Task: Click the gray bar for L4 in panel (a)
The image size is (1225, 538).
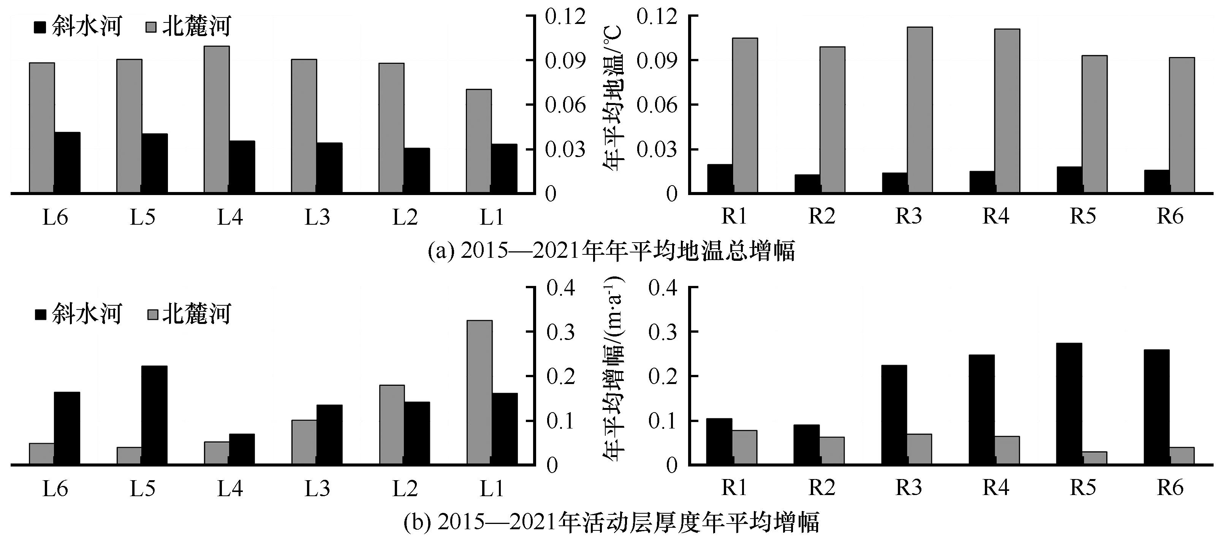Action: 217,119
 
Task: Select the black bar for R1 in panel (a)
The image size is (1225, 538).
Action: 720,179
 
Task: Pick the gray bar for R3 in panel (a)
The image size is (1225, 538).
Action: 919,110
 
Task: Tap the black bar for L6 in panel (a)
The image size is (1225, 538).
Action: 67,163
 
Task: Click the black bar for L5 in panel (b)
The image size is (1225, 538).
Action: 155,415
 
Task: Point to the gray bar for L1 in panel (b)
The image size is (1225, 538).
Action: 480,392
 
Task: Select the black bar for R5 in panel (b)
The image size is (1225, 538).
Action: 1069,403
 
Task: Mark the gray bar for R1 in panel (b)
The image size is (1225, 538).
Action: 745,447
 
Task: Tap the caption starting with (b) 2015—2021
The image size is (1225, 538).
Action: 611,522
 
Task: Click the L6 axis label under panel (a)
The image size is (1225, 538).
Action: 55,217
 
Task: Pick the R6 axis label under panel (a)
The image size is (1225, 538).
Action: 1170,216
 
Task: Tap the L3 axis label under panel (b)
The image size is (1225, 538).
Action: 317,489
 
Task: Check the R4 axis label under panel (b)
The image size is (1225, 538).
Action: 996,487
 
